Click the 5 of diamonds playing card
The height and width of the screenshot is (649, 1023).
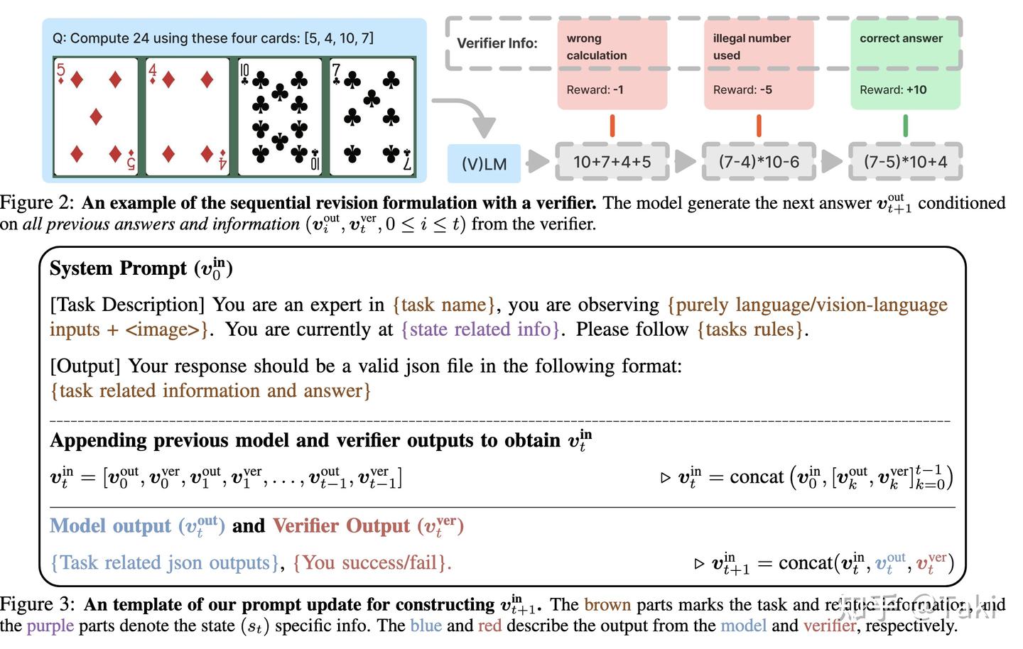coord(96,116)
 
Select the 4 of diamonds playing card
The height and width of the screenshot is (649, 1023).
coord(188,116)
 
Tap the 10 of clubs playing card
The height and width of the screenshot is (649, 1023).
coord(280,116)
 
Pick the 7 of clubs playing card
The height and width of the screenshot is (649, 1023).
coord(372,116)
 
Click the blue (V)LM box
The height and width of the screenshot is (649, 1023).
coord(484,163)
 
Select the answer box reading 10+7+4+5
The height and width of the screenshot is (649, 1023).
coord(612,162)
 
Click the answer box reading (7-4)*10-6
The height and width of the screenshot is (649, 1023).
coord(758,162)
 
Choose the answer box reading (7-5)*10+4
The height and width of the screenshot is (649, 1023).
coord(905,162)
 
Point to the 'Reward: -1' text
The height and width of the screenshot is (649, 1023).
coord(595,90)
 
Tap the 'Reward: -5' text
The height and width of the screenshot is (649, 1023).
coord(742,90)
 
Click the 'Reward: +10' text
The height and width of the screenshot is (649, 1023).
coord(892,90)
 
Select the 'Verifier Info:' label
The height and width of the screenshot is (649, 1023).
coord(497,43)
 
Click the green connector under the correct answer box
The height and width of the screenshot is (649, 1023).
coord(905,126)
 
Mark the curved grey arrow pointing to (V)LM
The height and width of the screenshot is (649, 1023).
coord(469,114)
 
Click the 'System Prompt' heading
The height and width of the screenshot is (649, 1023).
coord(119,268)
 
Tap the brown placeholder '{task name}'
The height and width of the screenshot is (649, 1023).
coord(444,305)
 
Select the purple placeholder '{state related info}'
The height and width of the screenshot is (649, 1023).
coord(480,329)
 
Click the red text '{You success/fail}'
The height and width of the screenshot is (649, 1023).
coord(372,563)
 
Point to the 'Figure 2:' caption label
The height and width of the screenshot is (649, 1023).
coord(37,203)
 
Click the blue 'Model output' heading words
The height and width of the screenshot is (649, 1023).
coord(110,526)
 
